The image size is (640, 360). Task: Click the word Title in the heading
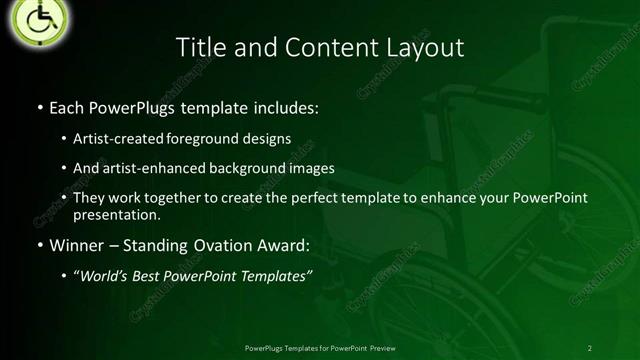(200, 47)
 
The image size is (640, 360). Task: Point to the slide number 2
(589, 347)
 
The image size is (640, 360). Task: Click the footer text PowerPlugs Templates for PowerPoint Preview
(319, 347)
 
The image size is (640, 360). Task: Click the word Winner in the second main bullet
(76, 245)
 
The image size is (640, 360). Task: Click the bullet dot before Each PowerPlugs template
(39, 107)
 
